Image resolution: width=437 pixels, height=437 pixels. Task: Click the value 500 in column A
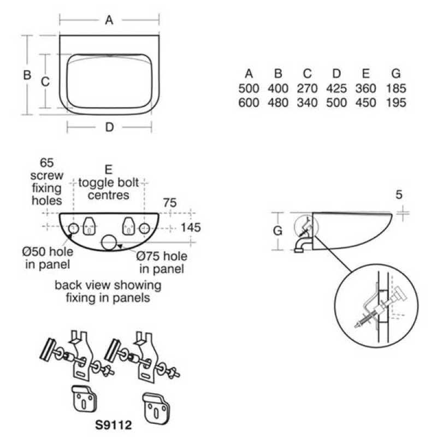(249, 88)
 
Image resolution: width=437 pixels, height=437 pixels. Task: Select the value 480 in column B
(278, 103)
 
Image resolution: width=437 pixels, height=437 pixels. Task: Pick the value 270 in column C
(307, 88)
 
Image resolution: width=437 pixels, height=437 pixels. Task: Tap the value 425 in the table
(336, 88)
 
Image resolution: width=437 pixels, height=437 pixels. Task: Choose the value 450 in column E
(365, 103)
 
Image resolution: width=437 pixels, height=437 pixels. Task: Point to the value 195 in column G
(396, 103)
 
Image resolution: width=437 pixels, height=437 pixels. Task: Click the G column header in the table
(396, 74)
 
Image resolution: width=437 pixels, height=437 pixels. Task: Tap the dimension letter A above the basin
(109, 20)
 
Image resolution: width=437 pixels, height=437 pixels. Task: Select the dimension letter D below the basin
(110, 127)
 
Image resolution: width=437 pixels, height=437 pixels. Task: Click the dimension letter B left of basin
(27, 75)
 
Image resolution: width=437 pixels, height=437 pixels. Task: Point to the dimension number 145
(191, 227)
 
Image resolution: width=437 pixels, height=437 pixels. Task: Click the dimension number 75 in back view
(170, 203)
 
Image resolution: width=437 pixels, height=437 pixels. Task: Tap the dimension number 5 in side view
(399, 194)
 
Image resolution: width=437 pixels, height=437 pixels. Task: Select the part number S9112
(114, 425)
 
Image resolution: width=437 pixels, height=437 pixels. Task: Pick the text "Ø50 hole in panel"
(48, 258)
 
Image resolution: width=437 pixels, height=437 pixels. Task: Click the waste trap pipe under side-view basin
(301, 245)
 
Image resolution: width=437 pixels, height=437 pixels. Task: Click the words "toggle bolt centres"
(108, 188)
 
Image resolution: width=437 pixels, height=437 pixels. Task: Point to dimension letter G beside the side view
(277, 231)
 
